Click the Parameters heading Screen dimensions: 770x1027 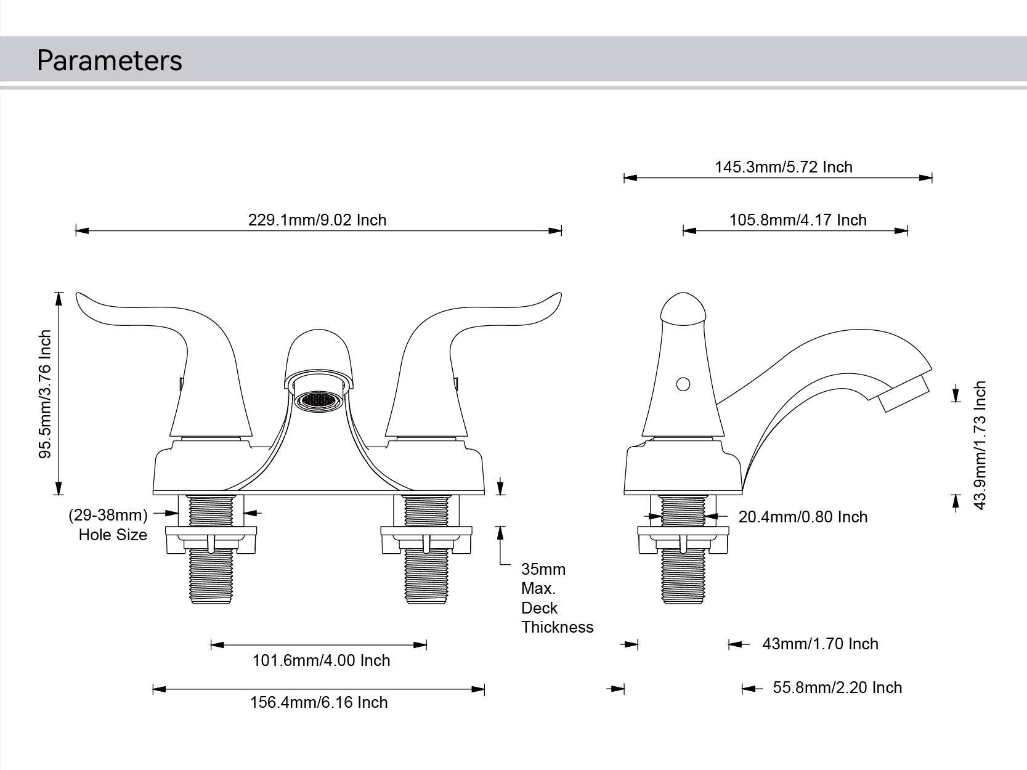pyautogui.click(x=109, y=60)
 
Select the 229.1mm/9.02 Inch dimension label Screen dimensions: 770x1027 pyautogui.click(x=317, y=220)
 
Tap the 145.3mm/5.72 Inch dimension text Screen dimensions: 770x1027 pyautogui.click(x=783, y=167)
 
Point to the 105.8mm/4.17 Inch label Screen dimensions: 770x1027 pyautogui.click(x=798, y=220)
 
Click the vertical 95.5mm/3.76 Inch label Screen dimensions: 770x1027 pyautogui.click(x=46, y=394)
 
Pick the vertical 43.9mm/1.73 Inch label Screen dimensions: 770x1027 pyautogui.click(x=980, y=445)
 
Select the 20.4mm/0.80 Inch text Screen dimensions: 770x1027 pyautogui.click(x=803, y=517)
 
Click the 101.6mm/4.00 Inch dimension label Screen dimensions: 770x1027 pyautogui.click(x=321, y=660)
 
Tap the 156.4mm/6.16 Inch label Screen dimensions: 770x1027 pyautogui.click(x=319, y=702)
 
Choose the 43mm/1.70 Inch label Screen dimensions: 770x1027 pyautogui.click(x=820, y=644)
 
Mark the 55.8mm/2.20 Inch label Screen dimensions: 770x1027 pyautogui.click(x=837, y=687)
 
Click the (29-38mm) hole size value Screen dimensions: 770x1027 pyautogui.click(x=108, y=514)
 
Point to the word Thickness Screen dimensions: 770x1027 pyautogui.click(x=557, y=627)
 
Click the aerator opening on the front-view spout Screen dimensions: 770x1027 pyautogui.click(x=318, y=401)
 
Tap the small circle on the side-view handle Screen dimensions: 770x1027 pyautogui.click(x=683, y=384)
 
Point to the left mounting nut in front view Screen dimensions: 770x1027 pyautogui.click(x=211, y=540)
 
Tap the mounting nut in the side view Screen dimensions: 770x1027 pyautogui.click(x=683, y=540)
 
